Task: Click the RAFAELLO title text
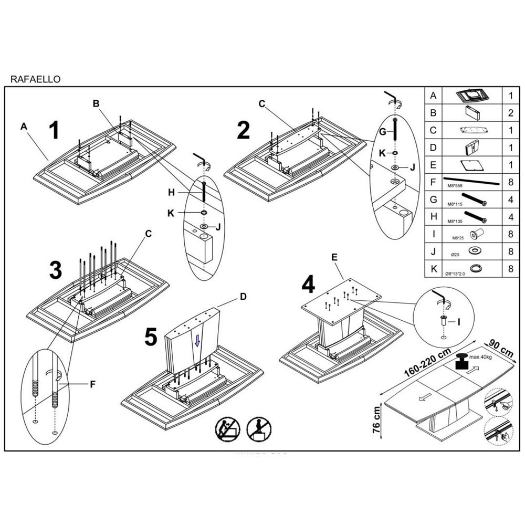36,79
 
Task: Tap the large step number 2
243,130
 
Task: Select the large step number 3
56,271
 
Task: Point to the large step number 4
309,285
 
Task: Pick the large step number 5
151,337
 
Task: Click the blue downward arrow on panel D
197,341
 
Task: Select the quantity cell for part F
510,182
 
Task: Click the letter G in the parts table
433,199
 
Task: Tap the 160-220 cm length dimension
428,363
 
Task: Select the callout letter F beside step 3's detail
92,384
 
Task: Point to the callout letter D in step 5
243,297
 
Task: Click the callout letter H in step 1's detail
171,193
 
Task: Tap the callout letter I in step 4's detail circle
459,321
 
